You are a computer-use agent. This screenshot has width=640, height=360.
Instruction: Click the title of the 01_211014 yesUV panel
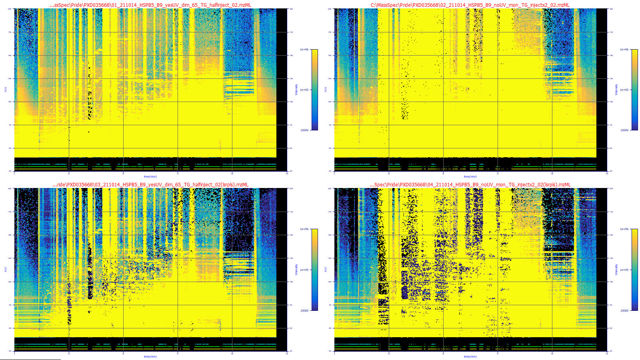pyautogui.click(x=150, y=5)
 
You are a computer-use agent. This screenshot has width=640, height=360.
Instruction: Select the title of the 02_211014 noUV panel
pyautogui.click(x=470, y=5)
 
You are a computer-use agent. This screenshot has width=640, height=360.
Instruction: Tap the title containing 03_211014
pyautogui.click(x=150, y=185)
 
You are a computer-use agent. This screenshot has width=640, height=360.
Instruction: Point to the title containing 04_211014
pyautogui.click(x=470, y=185)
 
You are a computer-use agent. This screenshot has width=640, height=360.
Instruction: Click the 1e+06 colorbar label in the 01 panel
pyautogui.click(x=304, y=50)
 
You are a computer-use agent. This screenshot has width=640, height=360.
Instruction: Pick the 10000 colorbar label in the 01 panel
pyautogui.click(x=304, y=130)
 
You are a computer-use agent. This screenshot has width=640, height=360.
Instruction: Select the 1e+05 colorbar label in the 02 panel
pyautogui.click(x=624, y=90)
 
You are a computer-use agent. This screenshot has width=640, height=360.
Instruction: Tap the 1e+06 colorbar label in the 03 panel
pyautogui.click(x=304, y=229)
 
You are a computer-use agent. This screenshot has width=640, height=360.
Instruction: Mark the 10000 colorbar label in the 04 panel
pyautogui.click(x=624, y=310)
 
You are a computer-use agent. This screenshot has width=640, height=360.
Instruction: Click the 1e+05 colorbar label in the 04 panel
pyautogui.click(x=624, y=270)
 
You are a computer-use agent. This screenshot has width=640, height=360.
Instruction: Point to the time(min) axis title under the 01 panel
pyautogui.click(x=150, y=176)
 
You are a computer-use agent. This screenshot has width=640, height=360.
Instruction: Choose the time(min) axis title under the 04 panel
pyautogui.click(x=470, y=356)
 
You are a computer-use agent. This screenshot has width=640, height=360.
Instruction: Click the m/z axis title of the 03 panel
pyautogui.click(x=6, y=270)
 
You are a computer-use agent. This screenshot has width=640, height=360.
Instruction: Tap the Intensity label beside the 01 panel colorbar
pyautogui.click(x=296, y=90)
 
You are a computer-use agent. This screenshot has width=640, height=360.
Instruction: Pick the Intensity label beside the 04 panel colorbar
pyautogui.click(x=616, y=270)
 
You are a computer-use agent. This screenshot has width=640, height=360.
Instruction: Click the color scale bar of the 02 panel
pyautogui.click(x=634, y=90)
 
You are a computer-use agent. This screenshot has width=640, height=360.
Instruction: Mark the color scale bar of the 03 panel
pyautogui.click(x=315, y=270)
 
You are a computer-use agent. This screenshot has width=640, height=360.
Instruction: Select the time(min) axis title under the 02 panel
pyautogui.click(x=470, y=176)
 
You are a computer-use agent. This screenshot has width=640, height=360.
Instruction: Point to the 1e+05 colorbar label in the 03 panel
pyautogui.click(x=304, y=270)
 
